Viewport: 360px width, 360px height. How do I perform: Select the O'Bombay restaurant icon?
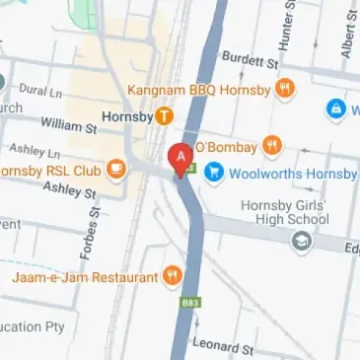[x=272, y=147]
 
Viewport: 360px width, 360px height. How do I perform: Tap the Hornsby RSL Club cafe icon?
[x=115, y=167]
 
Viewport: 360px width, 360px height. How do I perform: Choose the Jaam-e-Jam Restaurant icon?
[x=174, y=275]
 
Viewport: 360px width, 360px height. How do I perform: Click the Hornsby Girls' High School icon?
[x=301, y=240]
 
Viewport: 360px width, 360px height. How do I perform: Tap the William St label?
[x=68, y=124]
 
